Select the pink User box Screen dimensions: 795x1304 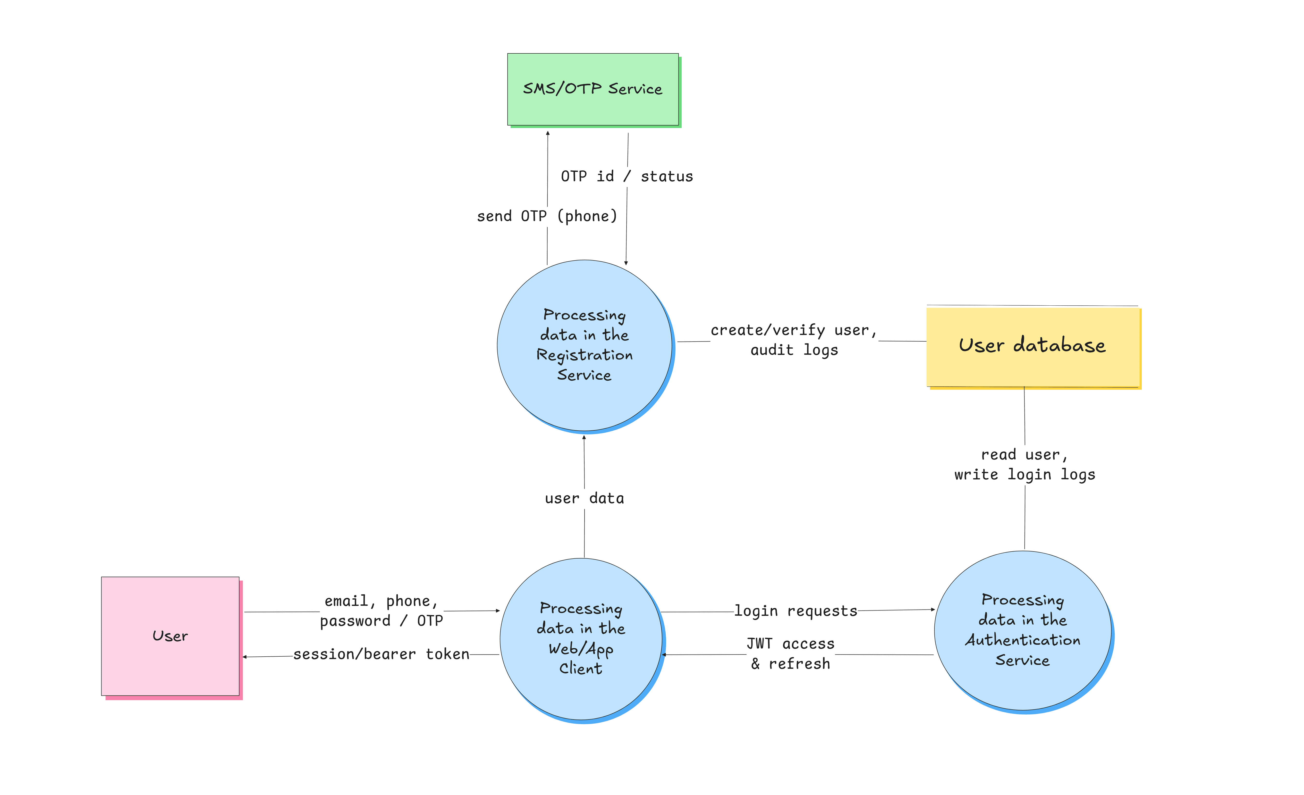pyautogui.click(x=170, y=636)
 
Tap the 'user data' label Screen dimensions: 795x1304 pyautogui.click(x=584, y=498)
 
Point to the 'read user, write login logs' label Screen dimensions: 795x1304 pyautogui.click(x=1025, y=464)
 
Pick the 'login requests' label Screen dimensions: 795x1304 pyautogui.click(x=796, y=611)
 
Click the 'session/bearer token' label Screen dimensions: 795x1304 pyautogui.click(x=381, y=654)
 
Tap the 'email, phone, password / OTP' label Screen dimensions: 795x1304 pyautogui.click(x=381, y=611)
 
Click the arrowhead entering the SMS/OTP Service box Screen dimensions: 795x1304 pyautogui.click(x=548, y=133)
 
